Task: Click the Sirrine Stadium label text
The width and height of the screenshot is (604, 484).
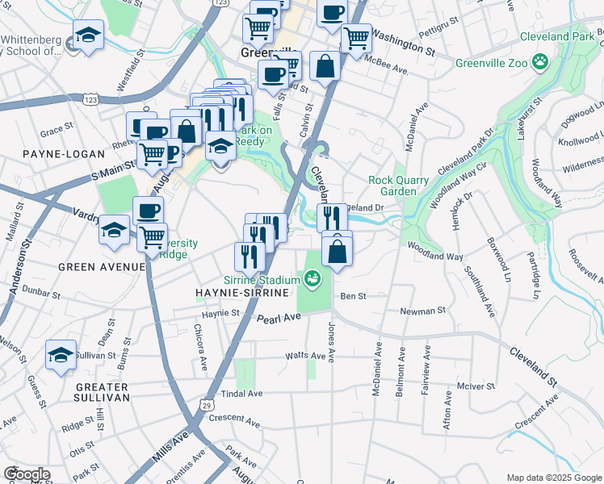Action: pyautogui.click(x=262, y=278)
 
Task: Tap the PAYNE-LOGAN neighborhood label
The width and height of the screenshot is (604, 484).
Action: pyautogui.click(x=52, y=153)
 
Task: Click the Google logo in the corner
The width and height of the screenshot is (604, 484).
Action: pyautogui.click(x=27, y=474)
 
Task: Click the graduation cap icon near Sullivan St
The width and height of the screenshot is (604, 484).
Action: pyautogui.click(x=61, y=355)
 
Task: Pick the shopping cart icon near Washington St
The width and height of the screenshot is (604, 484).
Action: pyautogui.click(x=355, y=37)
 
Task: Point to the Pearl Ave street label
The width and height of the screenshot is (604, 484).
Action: pyautogui.click(x=279, y=319)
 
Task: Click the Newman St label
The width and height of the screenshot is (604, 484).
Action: pyautogui.click(x=424, y=311)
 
